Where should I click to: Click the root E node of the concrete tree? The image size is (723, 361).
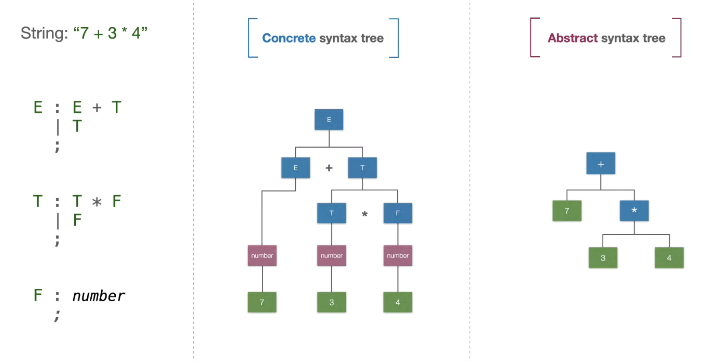pos(329,120)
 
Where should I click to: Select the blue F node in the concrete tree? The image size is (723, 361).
pos(398,213)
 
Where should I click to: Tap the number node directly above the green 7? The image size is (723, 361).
pos(262,256)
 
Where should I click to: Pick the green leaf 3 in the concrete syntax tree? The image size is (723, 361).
pos(331,302)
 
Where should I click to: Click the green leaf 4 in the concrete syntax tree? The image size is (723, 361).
pos(398,302)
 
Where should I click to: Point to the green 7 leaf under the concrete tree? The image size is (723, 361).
pos(262,302)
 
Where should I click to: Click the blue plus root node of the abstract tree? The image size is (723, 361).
pos(601,164)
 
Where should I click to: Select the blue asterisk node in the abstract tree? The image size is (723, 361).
pos(634,211)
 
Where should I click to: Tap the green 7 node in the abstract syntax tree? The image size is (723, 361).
pos(567,211)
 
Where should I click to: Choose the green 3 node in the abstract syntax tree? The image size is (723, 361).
pos(603,258)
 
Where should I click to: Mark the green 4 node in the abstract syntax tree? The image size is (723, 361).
pos(669,258)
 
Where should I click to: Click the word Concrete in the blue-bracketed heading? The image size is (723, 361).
pos(288,38)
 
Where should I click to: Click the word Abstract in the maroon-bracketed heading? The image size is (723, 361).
pos(573,38)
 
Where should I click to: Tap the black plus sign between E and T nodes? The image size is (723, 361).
pos(329,168)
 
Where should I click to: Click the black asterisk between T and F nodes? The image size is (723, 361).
pos(364,214)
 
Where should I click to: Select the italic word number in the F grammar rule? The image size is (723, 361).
pos(99,296)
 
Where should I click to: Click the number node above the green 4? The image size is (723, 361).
pos(398,256)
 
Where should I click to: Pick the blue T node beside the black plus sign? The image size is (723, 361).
pos(362,168)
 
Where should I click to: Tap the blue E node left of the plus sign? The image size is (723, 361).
pos(296,168)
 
